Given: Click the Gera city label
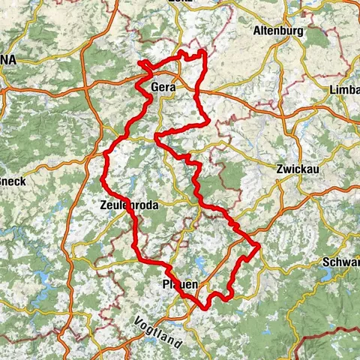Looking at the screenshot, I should click(163, 88).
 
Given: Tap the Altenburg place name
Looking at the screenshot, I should click(276, 31).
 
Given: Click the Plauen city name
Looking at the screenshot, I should click(180, 285).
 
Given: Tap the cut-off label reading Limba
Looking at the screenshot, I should click(344, 90).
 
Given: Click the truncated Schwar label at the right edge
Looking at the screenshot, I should click(342, 262).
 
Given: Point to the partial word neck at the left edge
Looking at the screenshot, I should click(12, 181).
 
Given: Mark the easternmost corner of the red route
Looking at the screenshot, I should click(259, 244).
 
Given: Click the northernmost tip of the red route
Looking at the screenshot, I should click(202, 51).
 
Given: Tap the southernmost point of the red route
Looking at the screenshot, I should click(203, 305).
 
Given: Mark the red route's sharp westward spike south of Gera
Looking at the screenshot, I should click(155, 136).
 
